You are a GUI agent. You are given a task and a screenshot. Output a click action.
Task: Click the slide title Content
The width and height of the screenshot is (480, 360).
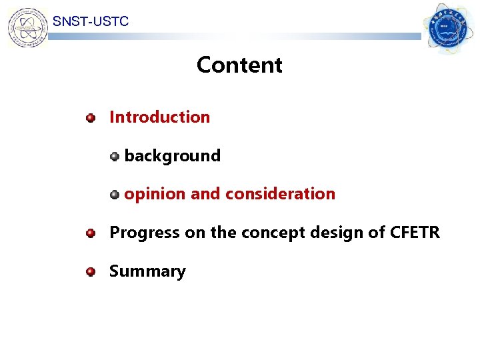click(239, 65)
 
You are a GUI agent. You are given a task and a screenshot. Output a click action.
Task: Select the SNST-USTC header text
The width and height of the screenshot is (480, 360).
click(91, 21)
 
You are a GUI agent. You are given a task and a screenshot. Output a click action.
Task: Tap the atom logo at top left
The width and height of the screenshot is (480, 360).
click(27, 27)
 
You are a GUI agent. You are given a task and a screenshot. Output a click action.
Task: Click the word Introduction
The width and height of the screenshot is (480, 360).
click(159, 117)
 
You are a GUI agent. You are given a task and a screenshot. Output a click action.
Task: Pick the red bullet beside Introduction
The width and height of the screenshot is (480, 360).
click(91, 119)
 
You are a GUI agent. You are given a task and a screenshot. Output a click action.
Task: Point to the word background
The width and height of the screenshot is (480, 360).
click(172, 156)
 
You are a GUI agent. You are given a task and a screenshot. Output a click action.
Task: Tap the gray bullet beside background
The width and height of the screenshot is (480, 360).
click(115, 157)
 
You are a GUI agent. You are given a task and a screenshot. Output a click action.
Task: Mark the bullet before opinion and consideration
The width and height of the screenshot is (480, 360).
click(115, 195)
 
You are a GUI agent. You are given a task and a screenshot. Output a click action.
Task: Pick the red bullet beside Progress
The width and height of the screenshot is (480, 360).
click(91, 234)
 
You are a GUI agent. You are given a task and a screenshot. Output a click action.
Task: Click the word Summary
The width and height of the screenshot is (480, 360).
click(147, 271)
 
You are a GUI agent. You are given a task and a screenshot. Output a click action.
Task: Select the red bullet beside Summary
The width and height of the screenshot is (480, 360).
click(91, 273)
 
